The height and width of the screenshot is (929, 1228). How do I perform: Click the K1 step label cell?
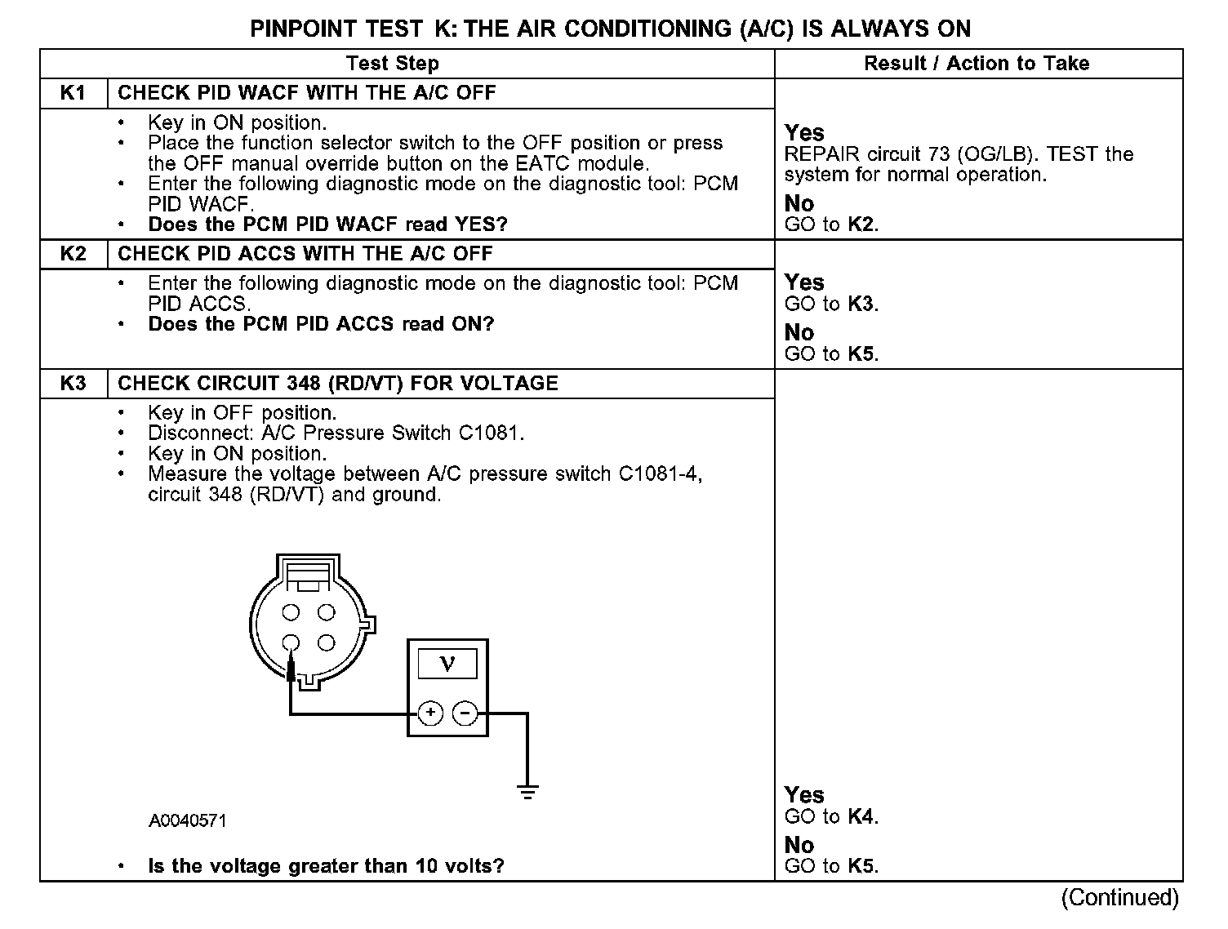[x=73, y=93]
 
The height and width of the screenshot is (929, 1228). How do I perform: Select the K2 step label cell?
[x=73, y=254]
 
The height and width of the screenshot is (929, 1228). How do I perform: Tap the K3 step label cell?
[x=73, y=384]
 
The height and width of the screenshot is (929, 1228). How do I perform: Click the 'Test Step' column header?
[x=392, y=64]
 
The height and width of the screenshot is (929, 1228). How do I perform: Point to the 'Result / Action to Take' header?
[x=977, y=64]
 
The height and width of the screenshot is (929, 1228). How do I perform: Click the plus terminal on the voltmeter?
[x=430, y=713]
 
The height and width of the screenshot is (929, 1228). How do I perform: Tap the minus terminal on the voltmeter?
[x=465, y=713]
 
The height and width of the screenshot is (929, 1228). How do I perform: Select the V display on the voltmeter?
[x=447, y=664]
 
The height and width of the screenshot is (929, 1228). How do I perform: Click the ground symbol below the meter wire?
[x=527, y=790]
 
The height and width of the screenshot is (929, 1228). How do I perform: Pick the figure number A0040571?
[x=187, y=820]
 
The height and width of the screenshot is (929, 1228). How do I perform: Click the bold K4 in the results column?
[x=861, y=816]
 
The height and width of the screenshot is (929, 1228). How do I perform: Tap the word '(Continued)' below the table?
[x=1119, y=898]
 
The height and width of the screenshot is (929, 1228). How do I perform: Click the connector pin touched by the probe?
[x=291, y=642]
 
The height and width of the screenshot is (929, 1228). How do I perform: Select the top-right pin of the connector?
[x=326, y=612]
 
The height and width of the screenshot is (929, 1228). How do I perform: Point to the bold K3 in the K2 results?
[x=861, y=304]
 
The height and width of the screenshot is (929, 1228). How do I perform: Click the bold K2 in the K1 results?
[x=861, y=224]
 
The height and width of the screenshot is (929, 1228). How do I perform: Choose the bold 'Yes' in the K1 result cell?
[x=804, y=132]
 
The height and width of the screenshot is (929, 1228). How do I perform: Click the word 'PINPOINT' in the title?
[x=302, y=29]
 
